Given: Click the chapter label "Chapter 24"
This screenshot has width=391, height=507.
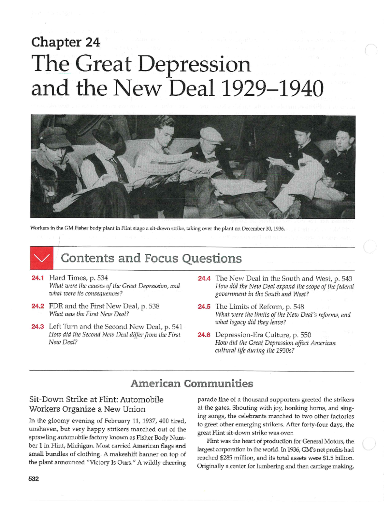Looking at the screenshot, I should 65,42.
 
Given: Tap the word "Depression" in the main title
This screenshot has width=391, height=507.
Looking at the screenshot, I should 194,64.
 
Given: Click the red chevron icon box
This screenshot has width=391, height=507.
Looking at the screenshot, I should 41,258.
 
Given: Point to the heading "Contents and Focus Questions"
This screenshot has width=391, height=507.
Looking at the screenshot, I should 151,258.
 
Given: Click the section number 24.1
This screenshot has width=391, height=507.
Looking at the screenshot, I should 37,278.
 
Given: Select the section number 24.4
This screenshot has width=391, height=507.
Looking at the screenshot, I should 204,278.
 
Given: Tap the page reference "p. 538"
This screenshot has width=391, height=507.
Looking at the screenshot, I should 150,306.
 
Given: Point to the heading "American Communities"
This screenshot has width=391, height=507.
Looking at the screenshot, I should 192,383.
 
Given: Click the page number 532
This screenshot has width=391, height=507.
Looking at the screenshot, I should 34,479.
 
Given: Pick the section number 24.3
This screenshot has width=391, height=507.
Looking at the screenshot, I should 37,327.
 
